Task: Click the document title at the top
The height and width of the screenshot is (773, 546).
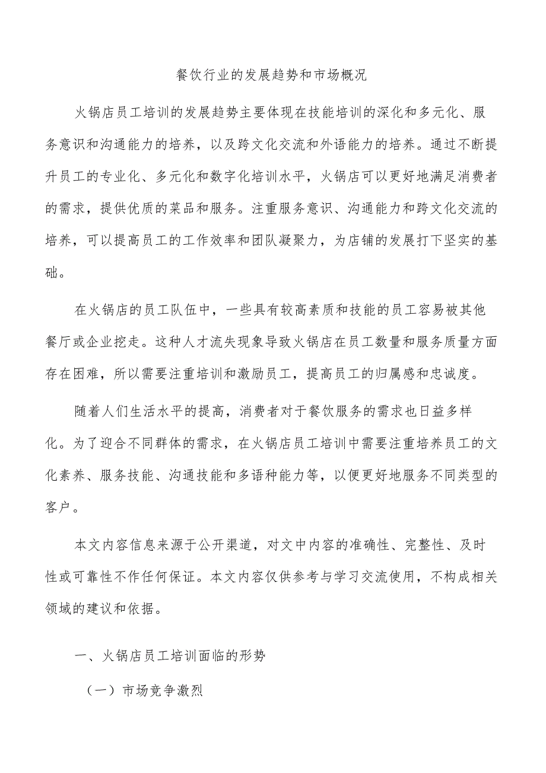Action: point(272,75)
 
